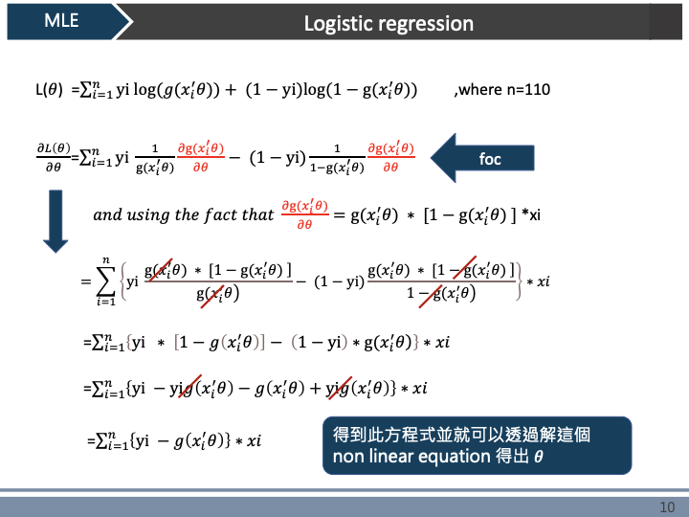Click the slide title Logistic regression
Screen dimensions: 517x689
(x=389, y=23)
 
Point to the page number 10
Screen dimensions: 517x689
(x=668, y=506)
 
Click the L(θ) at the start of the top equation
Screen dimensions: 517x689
(x=49, y=90)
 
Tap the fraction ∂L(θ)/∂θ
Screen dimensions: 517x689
(x=54, y=156)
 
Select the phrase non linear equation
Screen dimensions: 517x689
(x=410, y=456)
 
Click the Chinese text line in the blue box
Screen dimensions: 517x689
(x=461, y=434)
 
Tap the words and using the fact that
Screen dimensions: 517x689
(x=183, y=214)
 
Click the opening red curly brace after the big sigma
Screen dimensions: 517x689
(x=120, y=281)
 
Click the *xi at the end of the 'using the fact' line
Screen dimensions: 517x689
(x=532, y=214)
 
